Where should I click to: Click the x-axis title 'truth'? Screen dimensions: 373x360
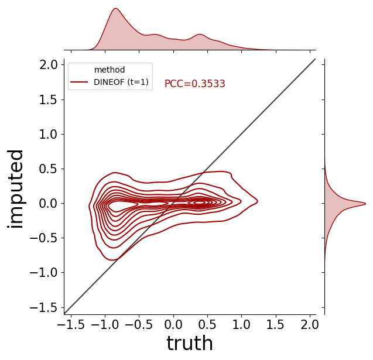coord(190,343)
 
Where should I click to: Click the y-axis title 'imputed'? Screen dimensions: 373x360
coord(15,189)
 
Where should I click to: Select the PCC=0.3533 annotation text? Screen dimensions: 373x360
coord(195,84)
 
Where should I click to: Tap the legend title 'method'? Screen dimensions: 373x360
coord(109,70)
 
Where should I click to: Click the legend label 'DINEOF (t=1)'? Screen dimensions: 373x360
coord(121,82)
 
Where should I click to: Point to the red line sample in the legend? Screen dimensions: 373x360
coord(79,82)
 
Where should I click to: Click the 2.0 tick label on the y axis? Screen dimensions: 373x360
coord(48,65)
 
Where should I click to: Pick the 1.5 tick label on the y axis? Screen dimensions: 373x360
coord(48,100)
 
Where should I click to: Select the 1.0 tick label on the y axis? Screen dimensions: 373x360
coord(48,135)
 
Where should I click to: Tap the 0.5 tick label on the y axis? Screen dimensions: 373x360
coord(48,169)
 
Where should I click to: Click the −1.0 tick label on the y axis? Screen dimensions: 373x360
coord(43,273)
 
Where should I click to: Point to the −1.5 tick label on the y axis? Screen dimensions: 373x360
coord(43,308)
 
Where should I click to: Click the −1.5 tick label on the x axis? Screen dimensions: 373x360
coord(71,324)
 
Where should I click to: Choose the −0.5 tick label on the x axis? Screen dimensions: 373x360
coord(139,324)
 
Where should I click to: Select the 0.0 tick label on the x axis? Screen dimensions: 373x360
coord(173,324)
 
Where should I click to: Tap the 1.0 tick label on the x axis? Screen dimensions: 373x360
coord(241,324)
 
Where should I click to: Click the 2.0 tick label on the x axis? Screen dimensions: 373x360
coord(310,324)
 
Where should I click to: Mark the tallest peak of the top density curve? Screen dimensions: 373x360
coord(116,8)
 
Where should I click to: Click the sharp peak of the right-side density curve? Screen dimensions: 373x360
coord(365,204)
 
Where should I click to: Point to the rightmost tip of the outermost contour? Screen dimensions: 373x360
coord(258,201)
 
